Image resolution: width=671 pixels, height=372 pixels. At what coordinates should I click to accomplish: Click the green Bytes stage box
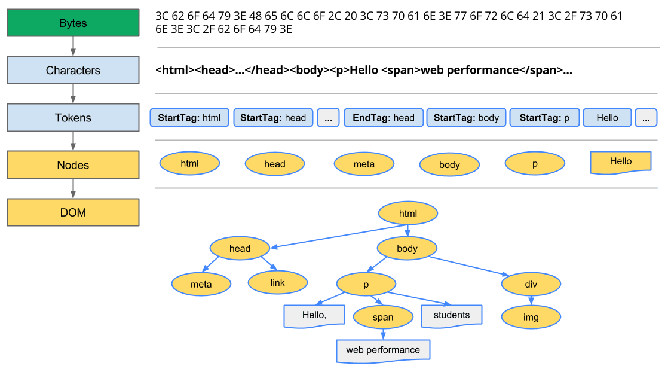(73, 23)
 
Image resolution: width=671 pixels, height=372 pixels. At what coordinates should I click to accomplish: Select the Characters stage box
(73, 71)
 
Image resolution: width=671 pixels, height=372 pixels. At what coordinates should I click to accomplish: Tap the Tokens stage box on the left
(73, 118)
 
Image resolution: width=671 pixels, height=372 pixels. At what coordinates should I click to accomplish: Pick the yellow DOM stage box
(73, 212)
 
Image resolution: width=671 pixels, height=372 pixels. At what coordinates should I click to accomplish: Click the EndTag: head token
(384, 118)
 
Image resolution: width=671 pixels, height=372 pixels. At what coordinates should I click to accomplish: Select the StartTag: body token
(466, 118)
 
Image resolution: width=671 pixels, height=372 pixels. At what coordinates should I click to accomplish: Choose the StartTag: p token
(544, 118)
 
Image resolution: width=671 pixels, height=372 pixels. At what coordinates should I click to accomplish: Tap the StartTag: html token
(189, 118)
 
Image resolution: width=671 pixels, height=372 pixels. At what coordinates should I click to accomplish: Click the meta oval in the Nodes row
(364, 164)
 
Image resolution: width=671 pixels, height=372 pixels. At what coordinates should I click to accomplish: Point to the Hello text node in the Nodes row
(620, 161)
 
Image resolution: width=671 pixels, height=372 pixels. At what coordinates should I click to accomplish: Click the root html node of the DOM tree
(408, 214)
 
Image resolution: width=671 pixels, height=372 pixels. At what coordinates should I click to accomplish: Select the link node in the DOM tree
(277, 283)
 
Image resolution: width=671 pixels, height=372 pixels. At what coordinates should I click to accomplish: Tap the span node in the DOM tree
(383, 318)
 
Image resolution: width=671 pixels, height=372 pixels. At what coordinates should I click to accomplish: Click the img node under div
(531, 318)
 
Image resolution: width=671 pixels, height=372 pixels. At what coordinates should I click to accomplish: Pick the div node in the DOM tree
(531, 285)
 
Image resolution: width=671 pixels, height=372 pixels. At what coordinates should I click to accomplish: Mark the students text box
(451, 315)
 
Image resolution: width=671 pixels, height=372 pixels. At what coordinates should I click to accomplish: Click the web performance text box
(383, 350)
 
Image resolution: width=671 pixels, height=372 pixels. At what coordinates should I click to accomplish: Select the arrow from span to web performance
(383, 334)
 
